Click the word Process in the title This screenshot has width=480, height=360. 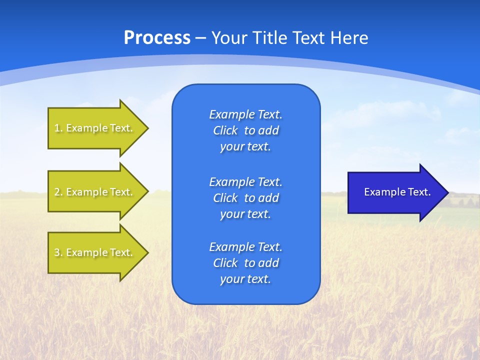click(x=157, y=38)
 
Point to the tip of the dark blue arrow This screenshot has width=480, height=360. click(x=447, y=192)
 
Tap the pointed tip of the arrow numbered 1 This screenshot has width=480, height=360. click(x=147, y=128)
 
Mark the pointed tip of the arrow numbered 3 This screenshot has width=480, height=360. click(x=147, y=252)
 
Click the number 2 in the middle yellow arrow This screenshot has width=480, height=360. click(x=57, y=192)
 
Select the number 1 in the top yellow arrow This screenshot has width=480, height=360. click(x=57, y=128)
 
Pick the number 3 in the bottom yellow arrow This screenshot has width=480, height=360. click(x=57, y=252)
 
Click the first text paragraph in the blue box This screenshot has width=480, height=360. click(x=245, y=130)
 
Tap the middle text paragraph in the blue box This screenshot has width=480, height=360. click(x=245, y=198)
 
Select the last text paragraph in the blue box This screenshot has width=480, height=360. click(x=245, y=263)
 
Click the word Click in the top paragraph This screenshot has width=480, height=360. click(x=225, y=130)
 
